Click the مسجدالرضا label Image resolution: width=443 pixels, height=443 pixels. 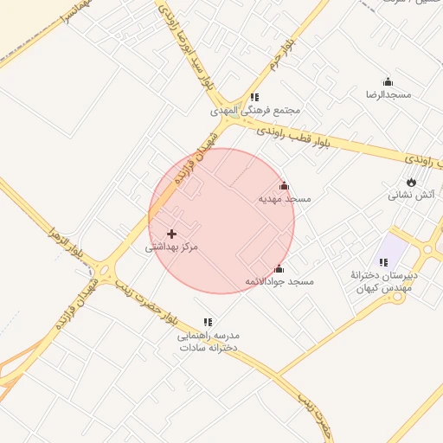coord(388,93)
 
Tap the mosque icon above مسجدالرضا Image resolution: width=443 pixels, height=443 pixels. coord(388,81)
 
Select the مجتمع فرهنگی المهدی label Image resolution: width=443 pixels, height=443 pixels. coord(255,111)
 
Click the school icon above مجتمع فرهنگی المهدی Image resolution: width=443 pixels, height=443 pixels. coord(254,98)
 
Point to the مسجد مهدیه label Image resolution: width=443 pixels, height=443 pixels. coord(285,199)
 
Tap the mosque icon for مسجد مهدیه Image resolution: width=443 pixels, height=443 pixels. coord(284,186)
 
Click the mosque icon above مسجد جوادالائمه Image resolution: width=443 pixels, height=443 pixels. coord(279,269)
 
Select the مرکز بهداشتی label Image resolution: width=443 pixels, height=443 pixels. coord(171,247)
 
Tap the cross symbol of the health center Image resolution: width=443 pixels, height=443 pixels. coord(171,234)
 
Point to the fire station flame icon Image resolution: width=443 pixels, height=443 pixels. coord(411,182)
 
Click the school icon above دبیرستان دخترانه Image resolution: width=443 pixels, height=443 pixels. coord(383,262)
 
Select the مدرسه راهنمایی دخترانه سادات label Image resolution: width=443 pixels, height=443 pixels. coord(208,340)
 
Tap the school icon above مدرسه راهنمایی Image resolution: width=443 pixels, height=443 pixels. coord(207,322)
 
